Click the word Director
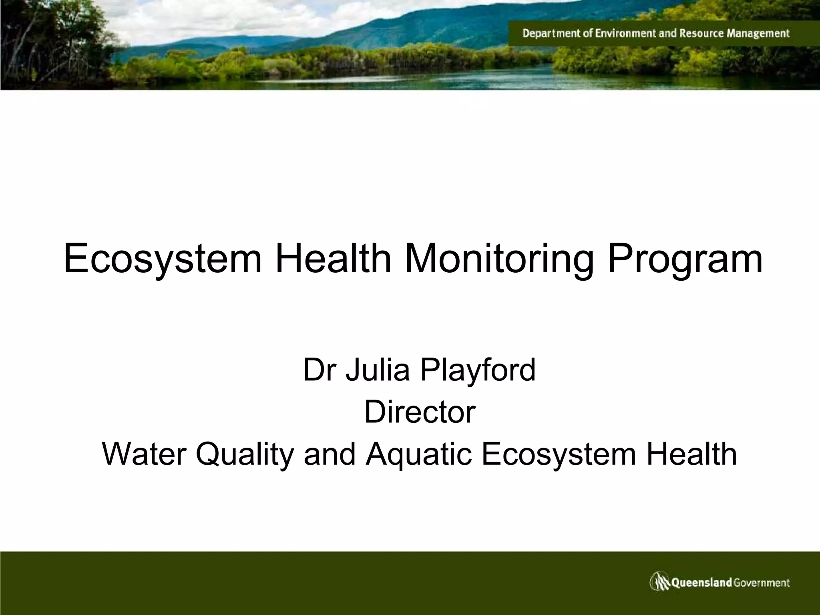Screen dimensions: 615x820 [420, 412]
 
